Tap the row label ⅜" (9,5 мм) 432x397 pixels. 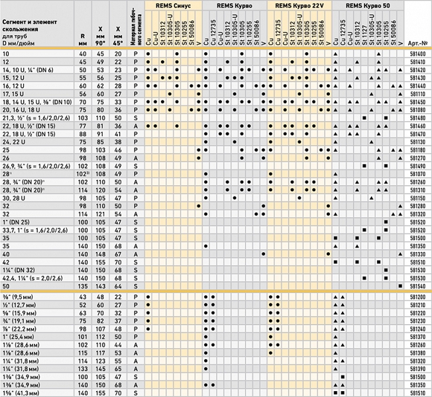click(x=22, y=298)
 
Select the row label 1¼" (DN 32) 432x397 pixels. click(x=19, y=270)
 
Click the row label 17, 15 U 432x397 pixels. click(x=15, y=95)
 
